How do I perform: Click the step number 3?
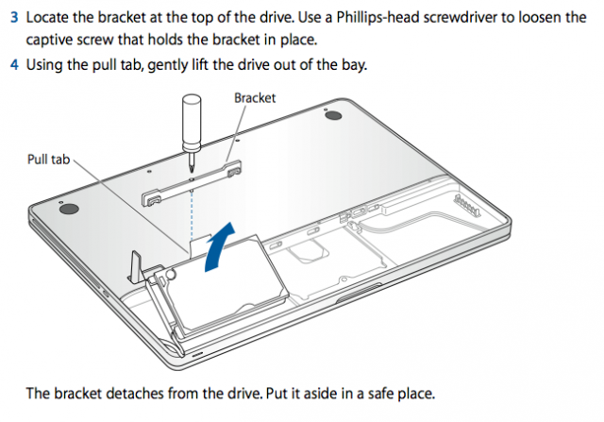[14, 18]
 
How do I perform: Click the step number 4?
[14, 64]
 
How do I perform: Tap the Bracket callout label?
[255, 98]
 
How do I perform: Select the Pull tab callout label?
[48, 160]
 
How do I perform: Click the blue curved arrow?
[219, 246]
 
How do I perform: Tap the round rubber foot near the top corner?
[333, 115]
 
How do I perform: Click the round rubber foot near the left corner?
[69, 209]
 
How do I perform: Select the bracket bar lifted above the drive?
[192, 183]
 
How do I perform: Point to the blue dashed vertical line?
[192, 215]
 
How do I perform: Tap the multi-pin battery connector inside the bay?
[467, 204]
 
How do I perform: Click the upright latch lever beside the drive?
[136, 265]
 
